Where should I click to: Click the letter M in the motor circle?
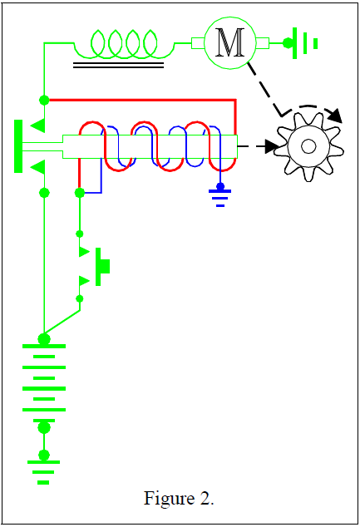pyautogui.click(x=230, y=42)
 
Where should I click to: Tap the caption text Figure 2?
pyautogui.click(x=179, y=498)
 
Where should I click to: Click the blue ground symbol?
pyautogui.click(x=220, y=198)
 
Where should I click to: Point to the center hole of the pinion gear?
pyautogui.click(x=308, y=146)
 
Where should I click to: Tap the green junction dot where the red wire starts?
pyautogui.click(x=44, y=100)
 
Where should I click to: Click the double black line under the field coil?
pyautogui.click(x=118, y=65)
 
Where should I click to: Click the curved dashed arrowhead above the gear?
pyautogui.click(x=335, y=116)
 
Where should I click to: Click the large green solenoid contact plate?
pyautogui.click(x=18, y=146)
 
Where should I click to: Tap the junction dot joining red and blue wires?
pyautogui.click(x=80, y=193)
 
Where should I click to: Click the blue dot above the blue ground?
pyautogui.click(x=220, y=186)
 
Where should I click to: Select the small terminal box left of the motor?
pyautogui.click(x=198, y=43)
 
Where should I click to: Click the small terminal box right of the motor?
pyautogui.click(x=262, y=43)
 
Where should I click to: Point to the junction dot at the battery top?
pyautogui.click(x=44, y=339)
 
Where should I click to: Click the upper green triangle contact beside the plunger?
pyautogui.click(x=38, y=126)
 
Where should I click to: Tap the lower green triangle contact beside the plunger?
pyautogui.click(x=38, y=167)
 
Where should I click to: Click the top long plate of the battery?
pyautogui.click(x=44, y=346)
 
